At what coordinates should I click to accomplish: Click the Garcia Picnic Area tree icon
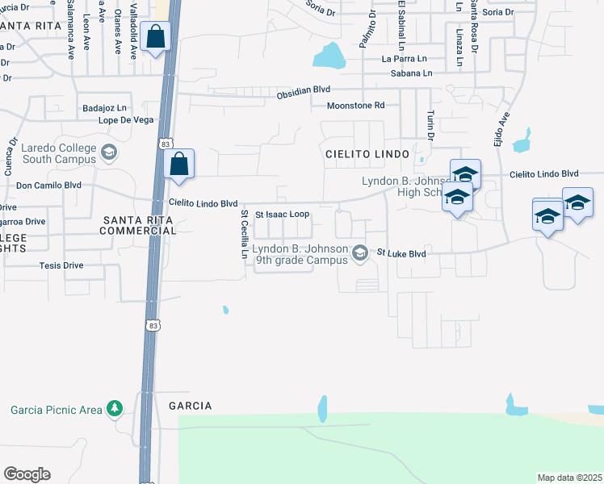pos(115,410)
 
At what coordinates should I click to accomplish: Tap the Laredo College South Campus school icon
pos(107,152)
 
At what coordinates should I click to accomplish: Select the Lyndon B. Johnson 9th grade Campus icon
pos(360,254)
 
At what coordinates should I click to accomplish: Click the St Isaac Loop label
pos(283,215)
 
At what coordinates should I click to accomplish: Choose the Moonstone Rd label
pos(355,106)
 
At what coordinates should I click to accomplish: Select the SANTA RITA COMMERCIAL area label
pos(138,225)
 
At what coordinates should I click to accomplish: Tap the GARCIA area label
pos(190,406)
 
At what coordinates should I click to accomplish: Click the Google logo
pos(27,474)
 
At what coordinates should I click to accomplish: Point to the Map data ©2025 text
pos(569,478)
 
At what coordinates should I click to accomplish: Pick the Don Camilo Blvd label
pos(49,185)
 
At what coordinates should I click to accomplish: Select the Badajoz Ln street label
pos(105,107)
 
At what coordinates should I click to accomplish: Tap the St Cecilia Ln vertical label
pos(244,234)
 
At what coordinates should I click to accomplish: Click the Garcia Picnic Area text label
pos(57,410)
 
